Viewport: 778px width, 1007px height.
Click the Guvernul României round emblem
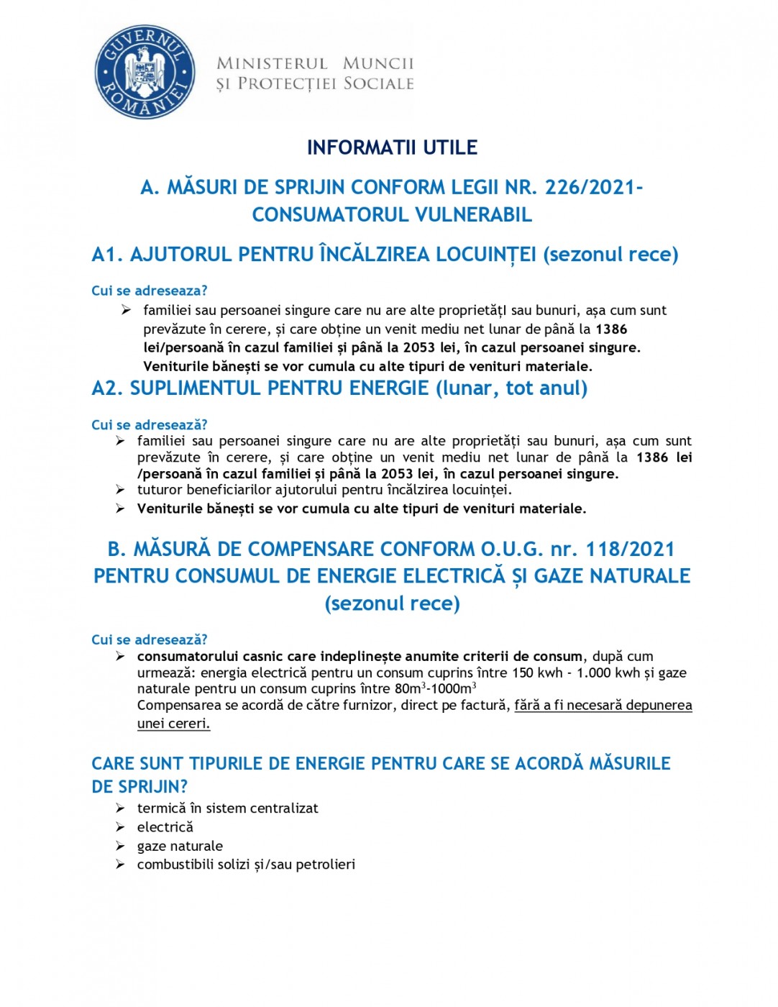point(145,72)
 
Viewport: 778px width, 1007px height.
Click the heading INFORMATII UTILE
point(392,147)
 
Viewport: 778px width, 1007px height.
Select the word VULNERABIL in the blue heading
point(474,214)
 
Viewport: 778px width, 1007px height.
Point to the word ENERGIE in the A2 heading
point(389,388)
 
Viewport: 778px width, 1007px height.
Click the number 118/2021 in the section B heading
point(630,549)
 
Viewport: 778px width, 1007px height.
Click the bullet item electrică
point(165,827)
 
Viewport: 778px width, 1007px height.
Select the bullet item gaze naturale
point(180,846)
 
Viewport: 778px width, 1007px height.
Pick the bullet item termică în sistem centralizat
point(227,808)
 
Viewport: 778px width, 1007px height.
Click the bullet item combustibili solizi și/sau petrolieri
point(246,865)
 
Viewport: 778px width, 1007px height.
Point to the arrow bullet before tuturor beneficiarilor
point(121,490)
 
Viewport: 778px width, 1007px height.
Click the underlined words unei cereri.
point(173,724)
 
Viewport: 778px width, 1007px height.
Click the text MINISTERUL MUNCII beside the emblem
point(315,63)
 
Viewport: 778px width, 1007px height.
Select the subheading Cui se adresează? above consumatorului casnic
point(149,639)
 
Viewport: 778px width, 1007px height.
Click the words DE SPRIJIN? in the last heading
point(139,786)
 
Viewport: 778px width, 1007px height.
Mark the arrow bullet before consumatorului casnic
point(121,656)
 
